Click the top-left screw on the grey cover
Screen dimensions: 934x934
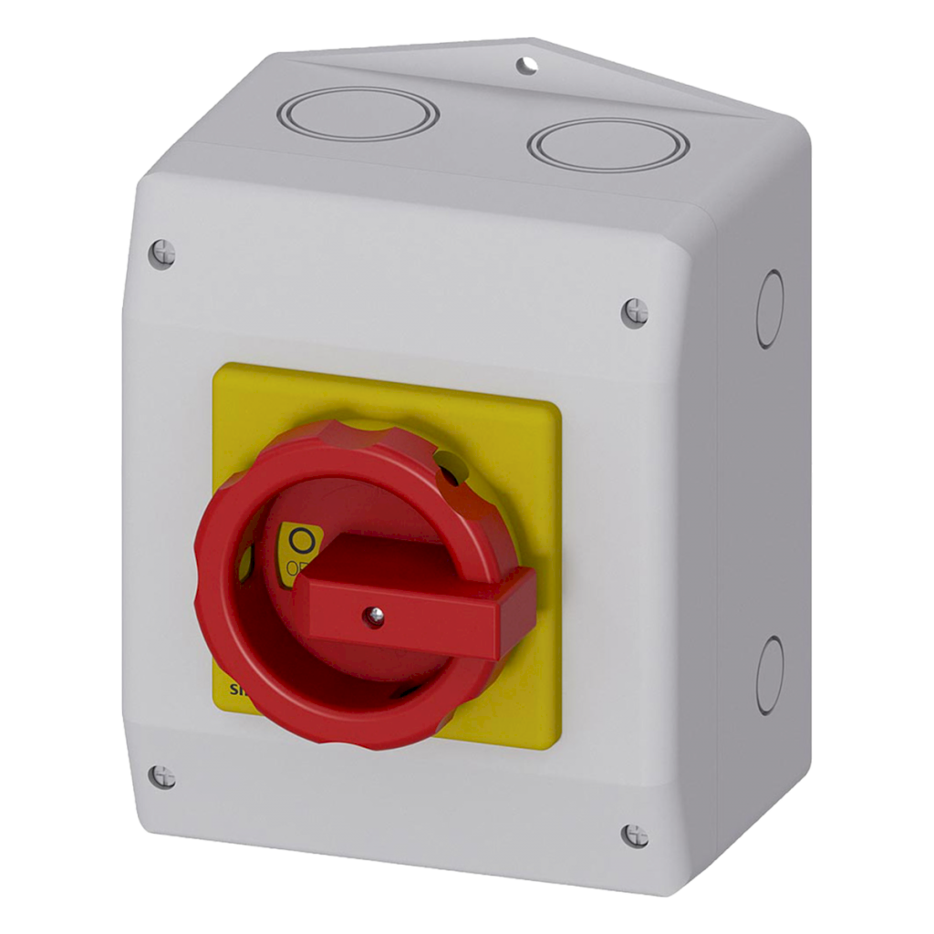[162, 252]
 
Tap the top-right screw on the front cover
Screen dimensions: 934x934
[635, 312]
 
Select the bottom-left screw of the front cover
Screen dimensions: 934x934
[162, 776]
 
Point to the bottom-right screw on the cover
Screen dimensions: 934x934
[635, 835]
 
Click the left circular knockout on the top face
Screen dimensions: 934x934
[358, 114]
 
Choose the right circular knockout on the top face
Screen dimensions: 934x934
[607, 144]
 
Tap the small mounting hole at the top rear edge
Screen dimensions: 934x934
[526, 65]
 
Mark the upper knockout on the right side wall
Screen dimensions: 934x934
[771, 309]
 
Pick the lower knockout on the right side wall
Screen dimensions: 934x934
[770, 675]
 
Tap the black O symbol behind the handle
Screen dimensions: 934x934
[300, 542]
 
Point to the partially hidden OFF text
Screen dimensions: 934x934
[296, 570]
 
